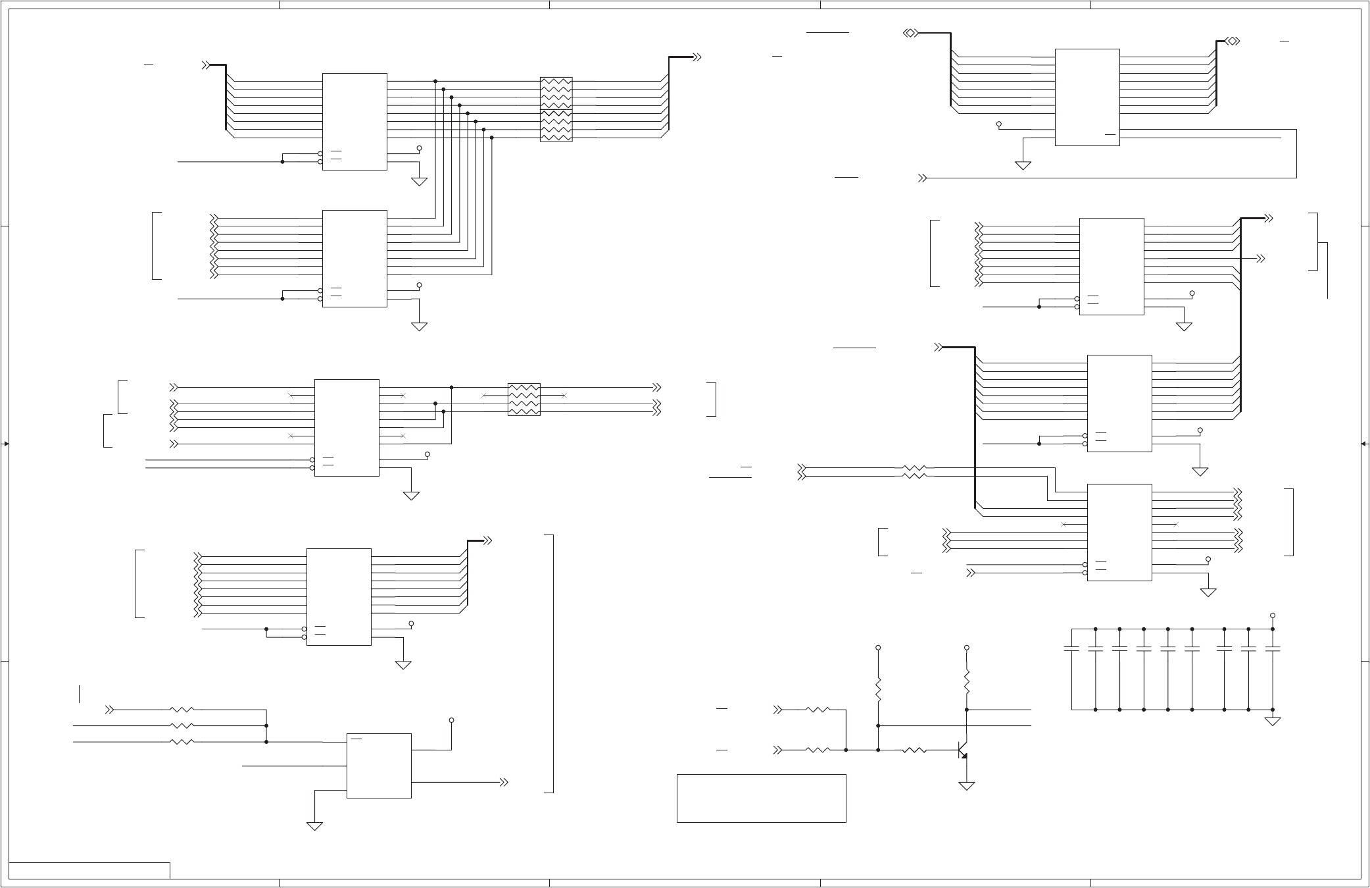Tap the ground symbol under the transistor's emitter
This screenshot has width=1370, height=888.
click(966, 785)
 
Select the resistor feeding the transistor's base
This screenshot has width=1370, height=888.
click(914, 750)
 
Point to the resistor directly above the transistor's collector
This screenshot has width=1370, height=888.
click(966, 682)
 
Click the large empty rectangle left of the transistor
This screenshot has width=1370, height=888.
click(761, 798)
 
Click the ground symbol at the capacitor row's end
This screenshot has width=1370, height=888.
click(1272, 721)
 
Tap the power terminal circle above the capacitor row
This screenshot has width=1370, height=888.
click(1272, 615)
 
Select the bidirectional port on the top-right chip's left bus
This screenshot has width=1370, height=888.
click(911, 33)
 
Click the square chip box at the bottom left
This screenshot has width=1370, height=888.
click(379, 766)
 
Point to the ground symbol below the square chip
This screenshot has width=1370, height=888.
click(314, 826)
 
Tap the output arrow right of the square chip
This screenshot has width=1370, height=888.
click(504, 782)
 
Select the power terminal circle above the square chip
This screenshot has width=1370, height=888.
click(451, 720)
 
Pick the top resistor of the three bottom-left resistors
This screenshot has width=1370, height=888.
click(182, 710)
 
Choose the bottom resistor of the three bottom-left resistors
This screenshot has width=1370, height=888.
click(182, 742)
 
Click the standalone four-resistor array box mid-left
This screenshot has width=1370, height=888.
click(524, 400)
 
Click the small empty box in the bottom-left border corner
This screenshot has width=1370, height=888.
click(89, 870)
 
